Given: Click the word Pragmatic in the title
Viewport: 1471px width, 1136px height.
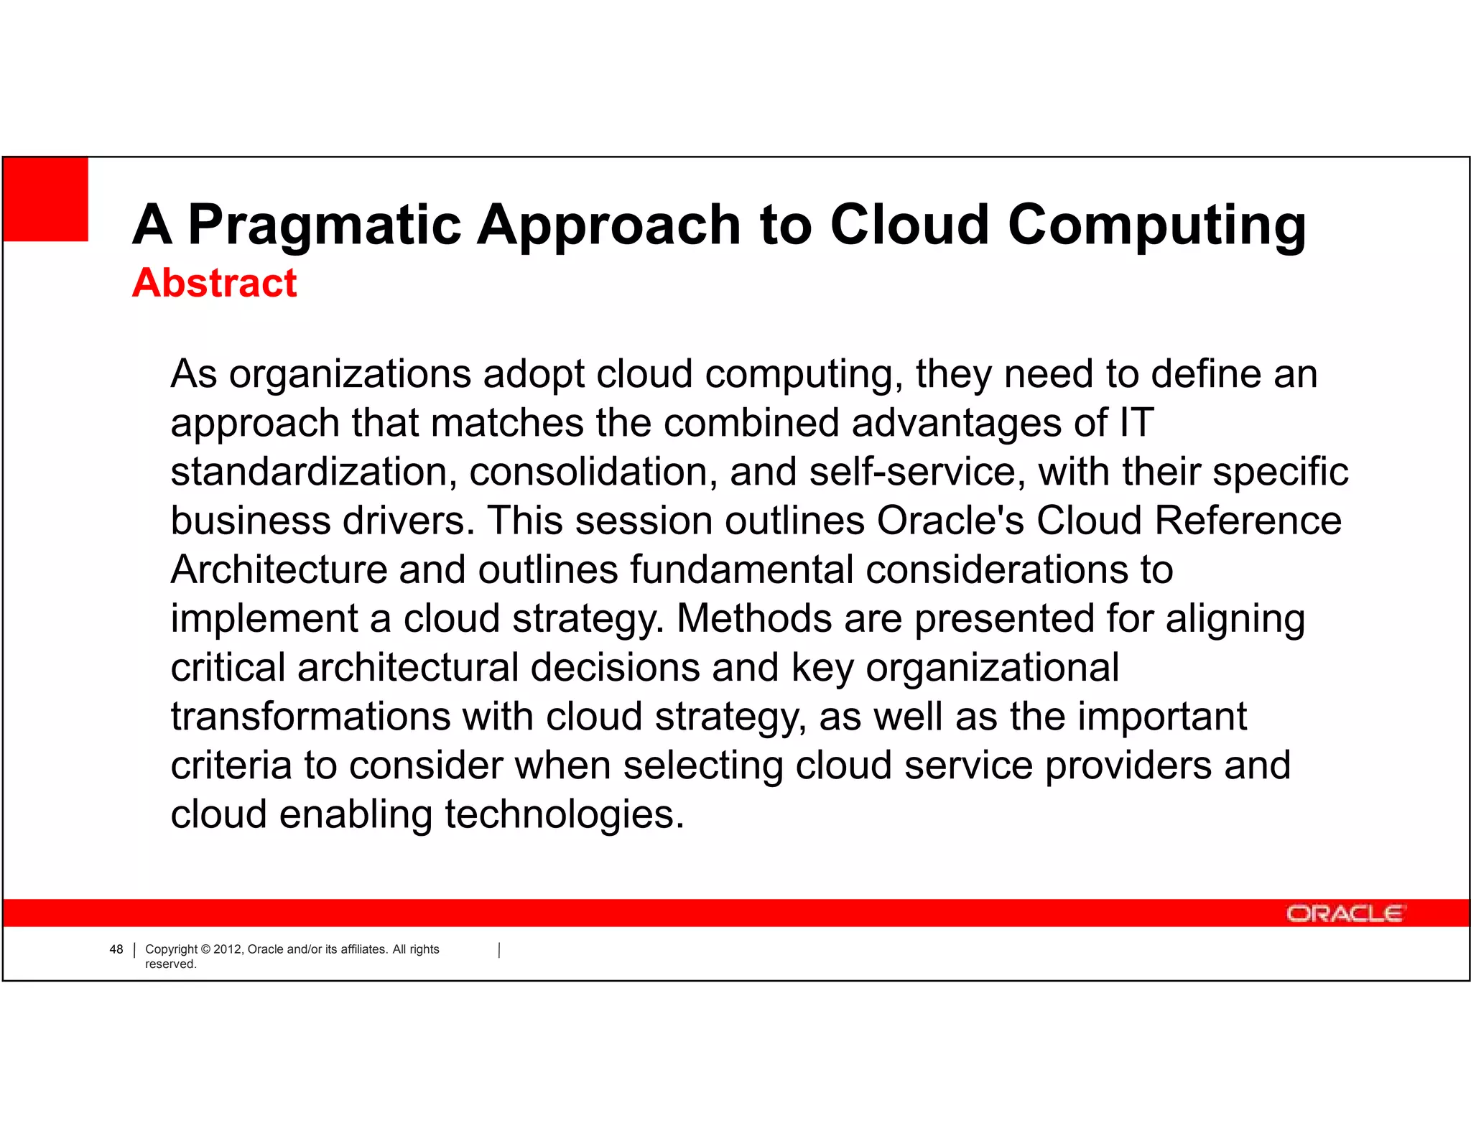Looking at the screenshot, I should coord(325,225).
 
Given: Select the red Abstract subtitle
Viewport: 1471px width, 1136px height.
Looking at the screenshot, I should coord(214,282).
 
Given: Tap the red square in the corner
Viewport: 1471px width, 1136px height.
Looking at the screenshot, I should coord(46,199).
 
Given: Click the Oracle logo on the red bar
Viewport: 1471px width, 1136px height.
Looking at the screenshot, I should coord(1344,913).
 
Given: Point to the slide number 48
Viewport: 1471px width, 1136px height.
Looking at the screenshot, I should coord(116,949).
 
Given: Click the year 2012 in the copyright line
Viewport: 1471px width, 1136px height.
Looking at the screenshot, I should coord(228,949).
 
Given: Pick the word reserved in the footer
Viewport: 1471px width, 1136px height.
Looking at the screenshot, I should coord(170,964).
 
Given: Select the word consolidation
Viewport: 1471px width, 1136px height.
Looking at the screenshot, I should coord(593,472).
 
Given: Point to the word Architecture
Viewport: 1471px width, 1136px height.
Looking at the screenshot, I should coord(279,569).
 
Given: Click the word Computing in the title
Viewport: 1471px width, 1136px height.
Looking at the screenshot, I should coord(1156,225).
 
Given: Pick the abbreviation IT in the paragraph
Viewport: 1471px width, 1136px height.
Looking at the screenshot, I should coord(1136,422).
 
